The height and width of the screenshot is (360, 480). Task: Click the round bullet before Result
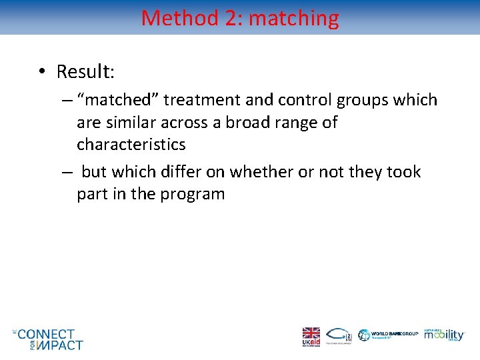tap(41, 71)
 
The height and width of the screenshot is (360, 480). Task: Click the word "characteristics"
tap(131, 144)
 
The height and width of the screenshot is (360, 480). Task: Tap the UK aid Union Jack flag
tap(311, 333)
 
